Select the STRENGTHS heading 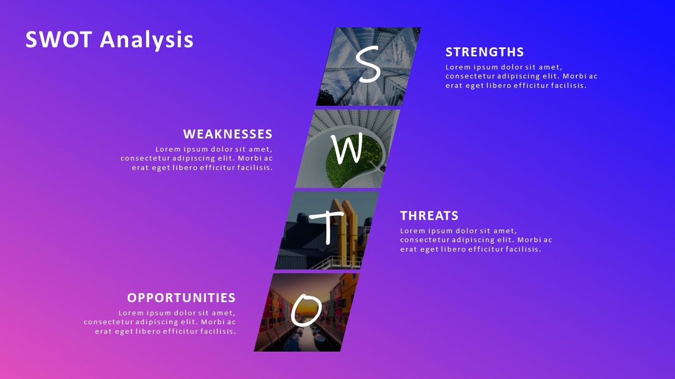(485, 52)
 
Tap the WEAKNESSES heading (228, 134)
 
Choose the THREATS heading (429, 216)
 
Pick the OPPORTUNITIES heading (181, 298)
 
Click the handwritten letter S (368, 64)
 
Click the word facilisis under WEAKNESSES (256, 168)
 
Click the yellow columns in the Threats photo (345, 232)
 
